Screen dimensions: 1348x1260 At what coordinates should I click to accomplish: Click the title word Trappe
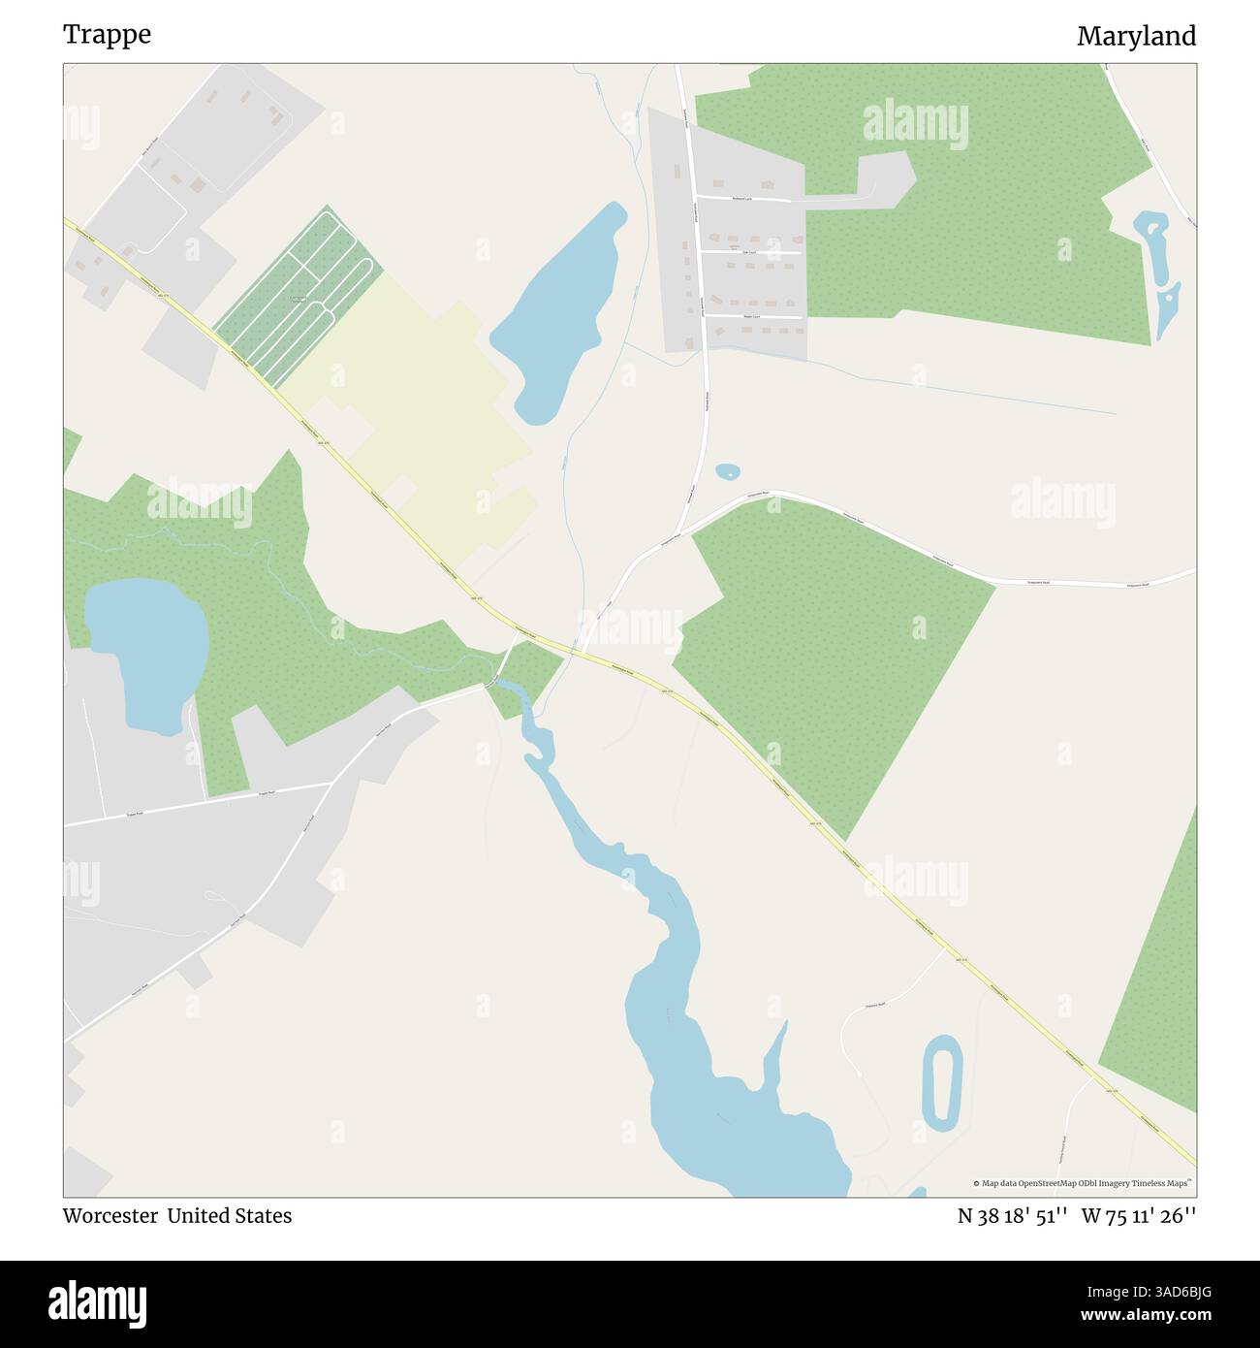(107, 35)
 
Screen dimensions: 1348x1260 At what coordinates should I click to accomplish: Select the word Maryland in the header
(1136, 37)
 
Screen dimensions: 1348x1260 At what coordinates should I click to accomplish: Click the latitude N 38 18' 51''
(1012, 1216)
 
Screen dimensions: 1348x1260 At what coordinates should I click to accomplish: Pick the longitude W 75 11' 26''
(1139, 1216)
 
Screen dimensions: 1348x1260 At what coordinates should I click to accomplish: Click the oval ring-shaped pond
(940, 1083)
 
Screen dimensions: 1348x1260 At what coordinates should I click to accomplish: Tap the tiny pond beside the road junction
(727, 472)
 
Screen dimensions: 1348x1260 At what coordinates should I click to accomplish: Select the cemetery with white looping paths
(297, 297)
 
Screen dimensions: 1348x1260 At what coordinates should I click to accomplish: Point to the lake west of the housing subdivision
(560, 310)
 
